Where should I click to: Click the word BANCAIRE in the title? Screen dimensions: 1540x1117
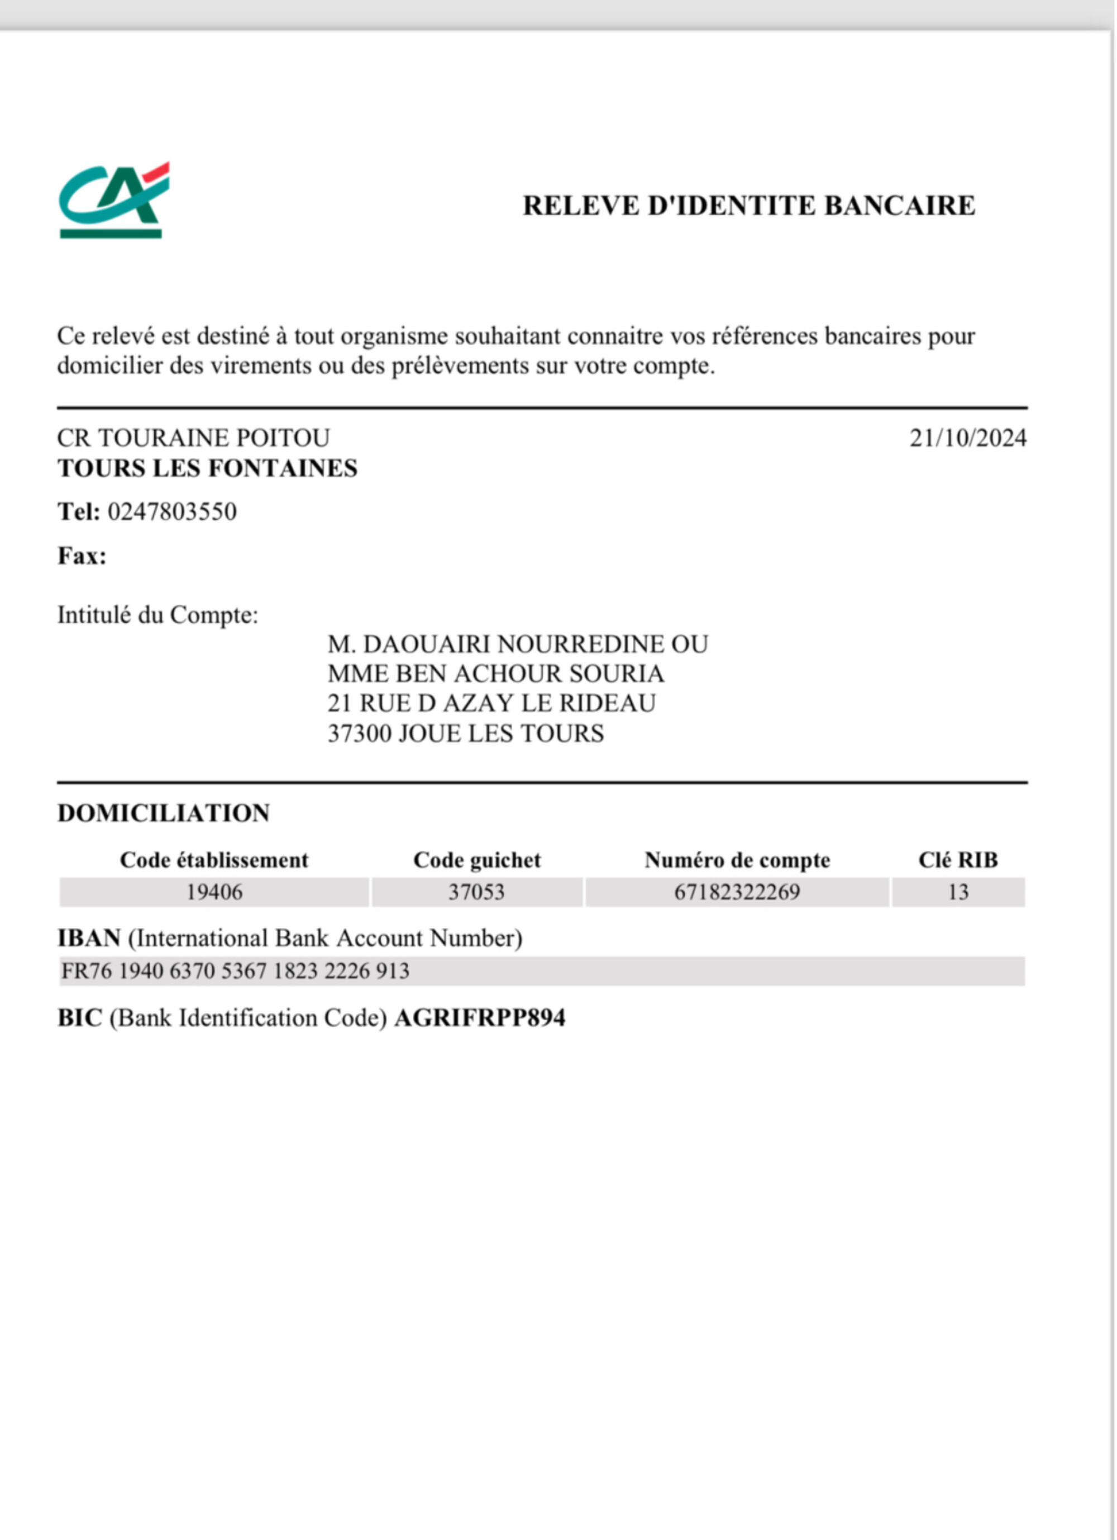[899, 206]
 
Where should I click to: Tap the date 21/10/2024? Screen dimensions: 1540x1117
[968, 439]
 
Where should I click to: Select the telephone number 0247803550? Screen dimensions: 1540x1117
[171, 511]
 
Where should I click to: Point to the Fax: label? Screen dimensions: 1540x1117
[82, 556]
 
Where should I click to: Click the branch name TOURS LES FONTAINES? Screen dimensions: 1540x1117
[207, 468]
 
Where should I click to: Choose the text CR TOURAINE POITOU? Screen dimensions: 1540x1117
[193, 438]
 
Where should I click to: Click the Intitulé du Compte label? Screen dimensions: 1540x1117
[157, 615]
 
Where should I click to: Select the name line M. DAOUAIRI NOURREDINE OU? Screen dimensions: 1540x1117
[517, 645]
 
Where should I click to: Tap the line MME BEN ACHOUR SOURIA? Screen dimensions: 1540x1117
[495, 674]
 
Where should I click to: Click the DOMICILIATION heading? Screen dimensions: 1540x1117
[164, 813]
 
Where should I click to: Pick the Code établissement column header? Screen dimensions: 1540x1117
[214, 860]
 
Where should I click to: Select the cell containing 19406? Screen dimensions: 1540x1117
[214, 892]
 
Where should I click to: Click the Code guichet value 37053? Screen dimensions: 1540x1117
[476, 892]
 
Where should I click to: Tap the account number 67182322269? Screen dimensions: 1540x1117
[737, 892]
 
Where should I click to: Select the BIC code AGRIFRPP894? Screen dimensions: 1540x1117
[479, 1018]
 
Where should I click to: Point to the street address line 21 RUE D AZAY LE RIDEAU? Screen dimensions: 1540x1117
[491, 703]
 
